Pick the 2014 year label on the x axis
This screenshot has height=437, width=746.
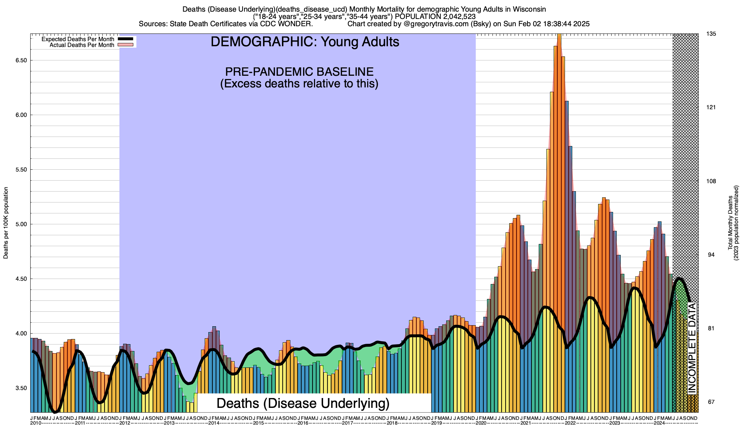213,423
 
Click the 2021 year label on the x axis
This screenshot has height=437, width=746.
525,423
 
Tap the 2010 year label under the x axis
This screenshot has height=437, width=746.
36,423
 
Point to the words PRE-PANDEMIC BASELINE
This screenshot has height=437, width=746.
299,71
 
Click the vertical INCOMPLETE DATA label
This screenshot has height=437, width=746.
692,348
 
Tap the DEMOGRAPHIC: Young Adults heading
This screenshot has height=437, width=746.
305,42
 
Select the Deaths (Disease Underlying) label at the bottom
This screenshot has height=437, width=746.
303,403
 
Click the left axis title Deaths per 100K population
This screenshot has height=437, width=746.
6,223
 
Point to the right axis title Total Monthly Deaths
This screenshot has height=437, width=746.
730,223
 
